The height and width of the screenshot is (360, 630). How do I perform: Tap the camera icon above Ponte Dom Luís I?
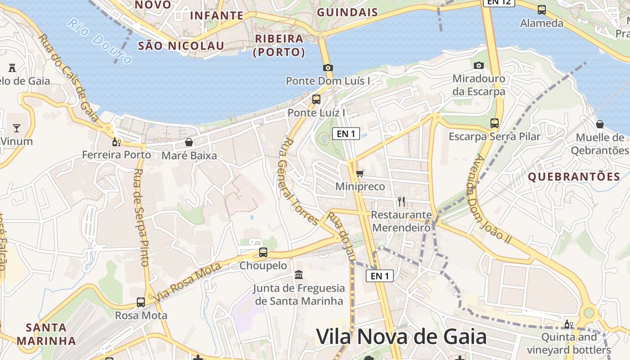click(x=328, y=67)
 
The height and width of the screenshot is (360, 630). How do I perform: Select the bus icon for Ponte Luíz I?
click(x=316, y=99)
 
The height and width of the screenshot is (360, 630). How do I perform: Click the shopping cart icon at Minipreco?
click(x=360, y=173)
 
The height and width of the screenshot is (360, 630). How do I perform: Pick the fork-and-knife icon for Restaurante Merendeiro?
click(x=401, y=201)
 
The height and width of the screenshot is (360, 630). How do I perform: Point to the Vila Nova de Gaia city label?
click(x=401, y=337)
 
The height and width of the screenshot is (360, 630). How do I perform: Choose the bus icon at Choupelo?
click(x=263, y=252)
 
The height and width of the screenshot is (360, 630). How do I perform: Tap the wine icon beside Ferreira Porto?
click(x=116, y=142)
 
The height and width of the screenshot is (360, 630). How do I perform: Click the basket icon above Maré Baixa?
click(x=189, y=143)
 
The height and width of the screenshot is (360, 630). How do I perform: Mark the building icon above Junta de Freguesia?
click(x=298, y=274)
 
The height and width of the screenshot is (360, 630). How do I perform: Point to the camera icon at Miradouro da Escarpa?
click(x=479, y=65)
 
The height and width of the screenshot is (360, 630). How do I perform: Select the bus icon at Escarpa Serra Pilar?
click(x=495, y=123)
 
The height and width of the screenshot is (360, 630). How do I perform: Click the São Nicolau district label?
click(x=181, y=45)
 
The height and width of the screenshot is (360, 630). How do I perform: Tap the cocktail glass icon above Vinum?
click(x=17, y=128)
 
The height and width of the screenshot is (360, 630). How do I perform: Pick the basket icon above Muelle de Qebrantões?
click(x=599, y=124)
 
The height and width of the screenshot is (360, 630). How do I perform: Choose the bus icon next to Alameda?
click(x=542, y=9)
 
